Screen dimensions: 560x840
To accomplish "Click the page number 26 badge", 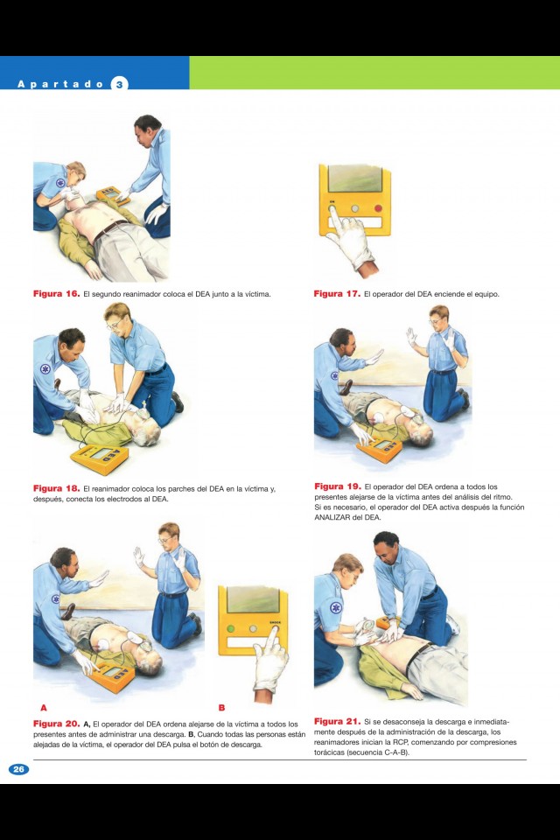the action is coord(18,769).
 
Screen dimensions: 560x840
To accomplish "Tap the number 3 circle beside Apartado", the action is coord(119,84).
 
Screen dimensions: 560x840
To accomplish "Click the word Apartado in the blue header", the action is coord(60,84).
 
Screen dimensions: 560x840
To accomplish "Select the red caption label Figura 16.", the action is coord(56,294).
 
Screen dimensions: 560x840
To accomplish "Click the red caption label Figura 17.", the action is coord(337,294).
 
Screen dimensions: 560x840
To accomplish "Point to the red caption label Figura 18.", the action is coord(56,488).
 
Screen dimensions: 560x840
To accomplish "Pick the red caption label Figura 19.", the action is coord(338,486).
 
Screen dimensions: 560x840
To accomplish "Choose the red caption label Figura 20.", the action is coord(56,724).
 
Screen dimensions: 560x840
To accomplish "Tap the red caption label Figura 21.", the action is coord(337,721).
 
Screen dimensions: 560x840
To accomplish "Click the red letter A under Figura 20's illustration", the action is coord(44,708).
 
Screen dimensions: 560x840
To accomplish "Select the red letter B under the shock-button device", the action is coord(221,708).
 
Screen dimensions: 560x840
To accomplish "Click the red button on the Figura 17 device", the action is coord(378,208).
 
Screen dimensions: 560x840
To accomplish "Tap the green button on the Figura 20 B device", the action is coord(230,628).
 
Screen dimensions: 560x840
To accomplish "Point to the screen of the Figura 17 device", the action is coord(354,178).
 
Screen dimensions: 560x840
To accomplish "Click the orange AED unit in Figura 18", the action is coord(100,458).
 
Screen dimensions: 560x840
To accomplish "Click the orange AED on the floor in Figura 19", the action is coord(380,449).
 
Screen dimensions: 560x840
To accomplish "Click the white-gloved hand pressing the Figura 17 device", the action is coord(352,241).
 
